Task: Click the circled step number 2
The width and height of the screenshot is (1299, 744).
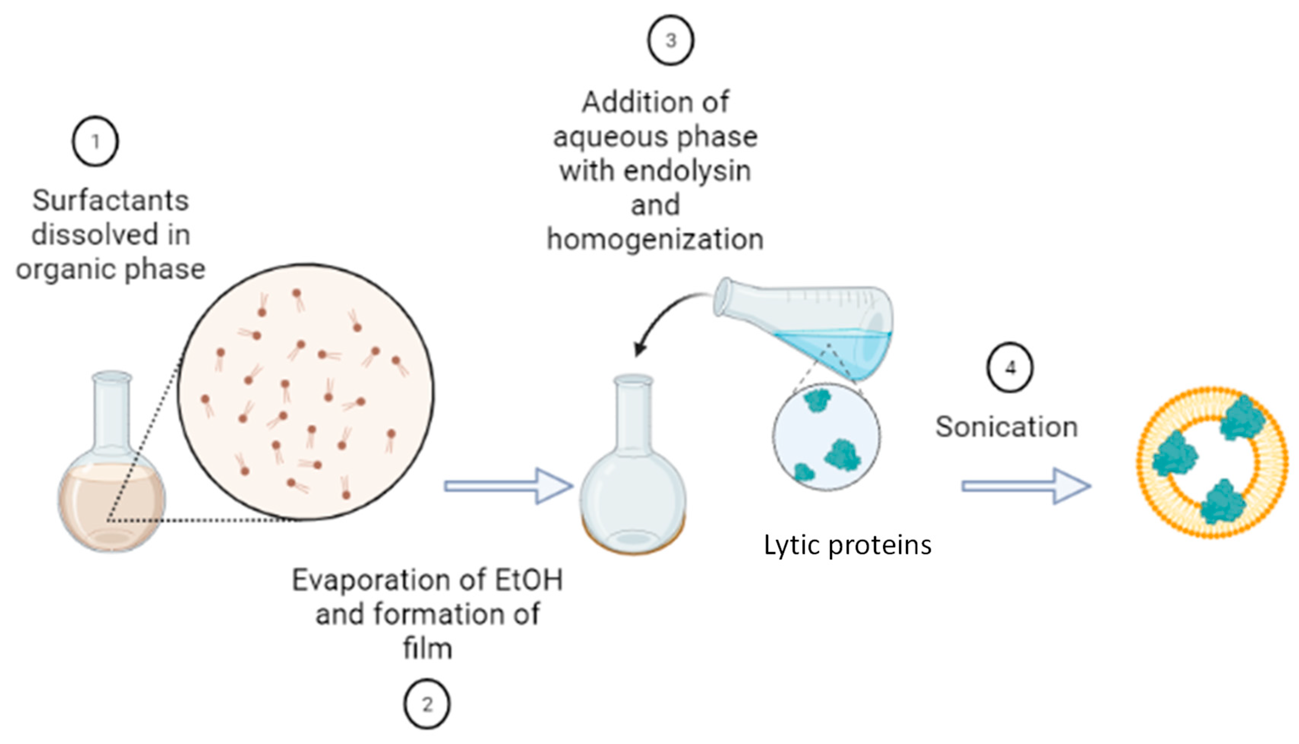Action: pos(427,704)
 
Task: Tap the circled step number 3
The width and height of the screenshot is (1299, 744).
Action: pos(671,40)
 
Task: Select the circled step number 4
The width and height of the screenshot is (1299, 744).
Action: pos(1010,367)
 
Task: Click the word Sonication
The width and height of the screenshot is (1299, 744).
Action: pos(1006,427)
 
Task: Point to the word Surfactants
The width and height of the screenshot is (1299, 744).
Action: pos(110,200)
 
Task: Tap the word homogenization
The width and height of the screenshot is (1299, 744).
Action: pos(655,239)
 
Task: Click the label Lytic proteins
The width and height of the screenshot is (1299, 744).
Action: pos(847,545)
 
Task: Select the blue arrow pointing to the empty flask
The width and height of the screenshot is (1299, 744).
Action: pos(508,486)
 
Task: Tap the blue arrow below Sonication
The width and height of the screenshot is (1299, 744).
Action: pos(1026,486)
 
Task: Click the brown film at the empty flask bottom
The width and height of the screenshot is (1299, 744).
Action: pos(633,547)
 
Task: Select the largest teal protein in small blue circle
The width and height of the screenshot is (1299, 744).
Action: pos(843,455)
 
